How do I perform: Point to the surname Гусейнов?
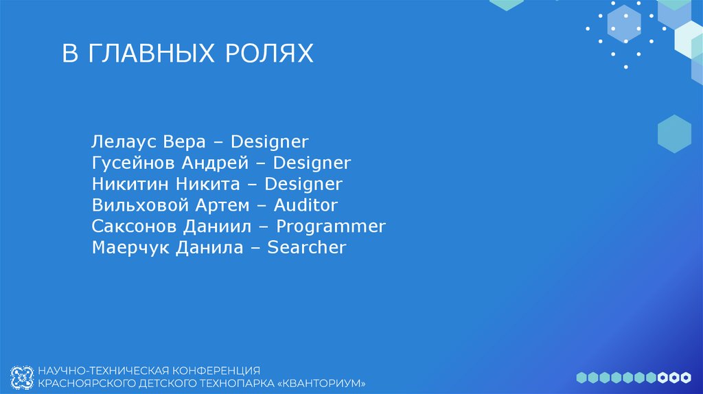click(x=134, y=163)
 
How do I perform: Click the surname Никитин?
click(x=130, y=184)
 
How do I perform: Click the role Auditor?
click(x=306, y=205)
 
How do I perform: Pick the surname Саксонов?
click(x=135, y=226)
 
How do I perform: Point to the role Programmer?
click(x=331, y=227)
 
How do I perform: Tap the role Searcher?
click(x=307, y=247)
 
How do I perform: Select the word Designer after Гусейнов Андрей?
click(x=312, y=163)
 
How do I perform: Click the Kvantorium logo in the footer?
click(x=22, y=375)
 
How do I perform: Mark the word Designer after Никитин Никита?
click(x=303, y=184)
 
